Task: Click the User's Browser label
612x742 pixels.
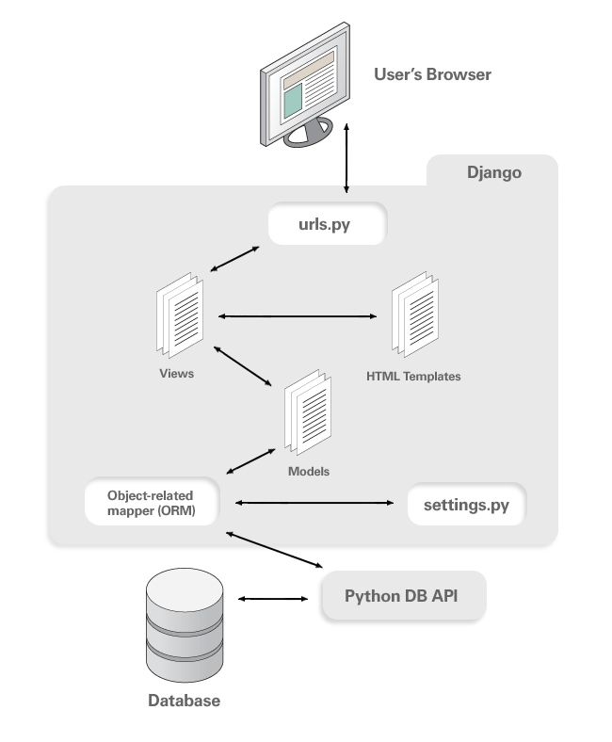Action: click(x=432, y=74)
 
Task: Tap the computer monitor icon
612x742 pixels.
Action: click(x=305, y=85)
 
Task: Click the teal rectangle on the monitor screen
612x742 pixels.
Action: click(x=293, y=101)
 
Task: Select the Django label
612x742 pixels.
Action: click(x=494, y=172)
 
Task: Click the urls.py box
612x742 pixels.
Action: click(x=328, y=224)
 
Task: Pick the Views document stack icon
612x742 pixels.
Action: click(x=180, y=315)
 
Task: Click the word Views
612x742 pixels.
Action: click(x=177, y=374)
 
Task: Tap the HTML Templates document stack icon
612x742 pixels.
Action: click(x=415, y=315)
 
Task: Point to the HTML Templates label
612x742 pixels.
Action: click(x=413, y=377)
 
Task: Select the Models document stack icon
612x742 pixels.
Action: click(x=308, y=412)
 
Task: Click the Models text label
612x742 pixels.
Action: click(x=309, y=472)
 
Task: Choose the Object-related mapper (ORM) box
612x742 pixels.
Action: click(x=152, y=502)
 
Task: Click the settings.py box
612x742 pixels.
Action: click(x=467, y=505)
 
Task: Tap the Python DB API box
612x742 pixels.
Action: click(x=404, y=596)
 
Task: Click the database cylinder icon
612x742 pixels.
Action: click(x=185, y=624)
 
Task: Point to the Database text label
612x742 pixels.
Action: click(x=185, y=701)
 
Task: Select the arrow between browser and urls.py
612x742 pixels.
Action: click(x=346, y=158)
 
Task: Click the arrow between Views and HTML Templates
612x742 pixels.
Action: click(x=298, y=316)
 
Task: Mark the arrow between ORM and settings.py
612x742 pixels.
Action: click(x=314, y=503)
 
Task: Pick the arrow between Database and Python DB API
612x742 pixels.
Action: click(x=273, y=599)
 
